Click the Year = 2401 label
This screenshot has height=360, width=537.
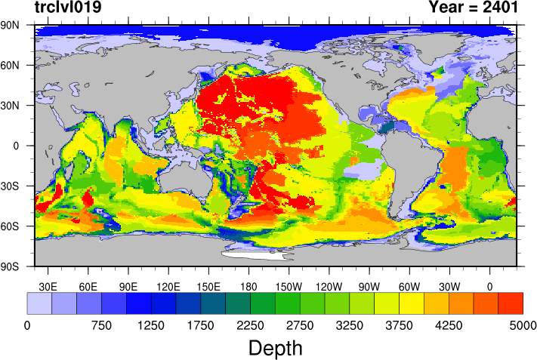473,8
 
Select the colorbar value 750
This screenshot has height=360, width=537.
101,325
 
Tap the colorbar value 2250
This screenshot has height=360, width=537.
250,325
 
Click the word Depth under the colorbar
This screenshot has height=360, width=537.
275,348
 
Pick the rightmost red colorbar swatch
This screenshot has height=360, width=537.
511,303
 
